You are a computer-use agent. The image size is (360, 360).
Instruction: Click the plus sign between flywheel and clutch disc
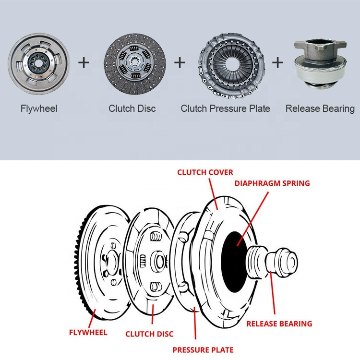(84, 62)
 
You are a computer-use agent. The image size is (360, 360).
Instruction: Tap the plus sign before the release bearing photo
(278, 62)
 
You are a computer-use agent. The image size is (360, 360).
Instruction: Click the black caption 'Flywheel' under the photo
(39, 109)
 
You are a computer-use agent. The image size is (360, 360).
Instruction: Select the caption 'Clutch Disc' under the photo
(132, 109)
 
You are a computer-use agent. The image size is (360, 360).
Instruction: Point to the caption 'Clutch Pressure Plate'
(225, 109)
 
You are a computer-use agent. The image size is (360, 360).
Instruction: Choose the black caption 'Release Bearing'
(320, 109)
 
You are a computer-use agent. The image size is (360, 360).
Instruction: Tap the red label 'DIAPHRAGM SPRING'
(272, 183)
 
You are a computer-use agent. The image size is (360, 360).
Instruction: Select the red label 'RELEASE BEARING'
(279, 324)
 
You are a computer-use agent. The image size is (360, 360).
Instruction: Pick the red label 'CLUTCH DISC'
(149, 334)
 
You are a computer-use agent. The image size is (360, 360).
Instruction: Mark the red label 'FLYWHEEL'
(88, 332)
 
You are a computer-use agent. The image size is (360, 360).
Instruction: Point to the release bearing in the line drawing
(271, 262)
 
